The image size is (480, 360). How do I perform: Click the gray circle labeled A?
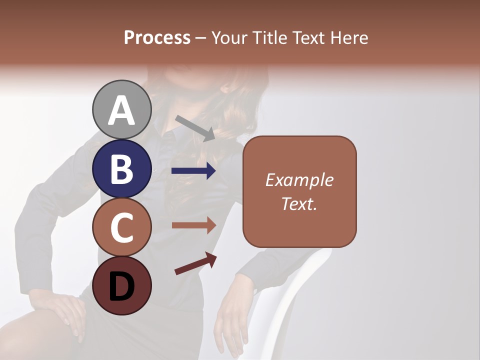click(x=121, y=110)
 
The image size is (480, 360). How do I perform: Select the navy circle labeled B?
click(x=121, y=168)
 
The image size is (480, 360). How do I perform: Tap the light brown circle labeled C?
click(x=121, y=227)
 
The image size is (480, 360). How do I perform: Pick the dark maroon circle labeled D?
click(x=121, y=285)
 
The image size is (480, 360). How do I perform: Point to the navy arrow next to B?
click(x=193, y=171)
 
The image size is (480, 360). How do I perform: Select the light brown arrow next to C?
click(x=194, y=225)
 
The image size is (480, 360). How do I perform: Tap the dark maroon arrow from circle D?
click(x=195, y=263)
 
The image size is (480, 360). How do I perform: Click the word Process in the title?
click(x=157, y=37)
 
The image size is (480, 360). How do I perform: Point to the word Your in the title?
click(x=230, y=37)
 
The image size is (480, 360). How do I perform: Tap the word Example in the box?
click(x=299, y=180)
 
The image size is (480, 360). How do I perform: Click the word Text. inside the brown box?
click(x=299, y=203)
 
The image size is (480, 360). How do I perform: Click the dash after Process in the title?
click(x=201, y=38)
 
